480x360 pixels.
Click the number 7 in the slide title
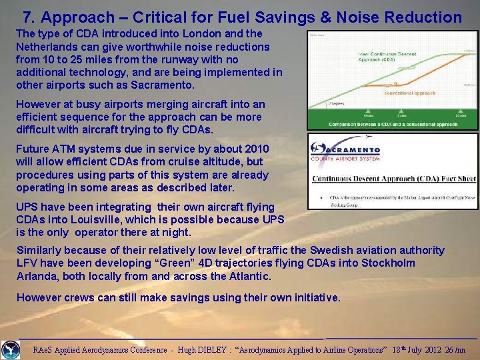point(27,17)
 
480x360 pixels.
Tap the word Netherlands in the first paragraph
point(49,47)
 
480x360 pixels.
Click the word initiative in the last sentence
point(315,297)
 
